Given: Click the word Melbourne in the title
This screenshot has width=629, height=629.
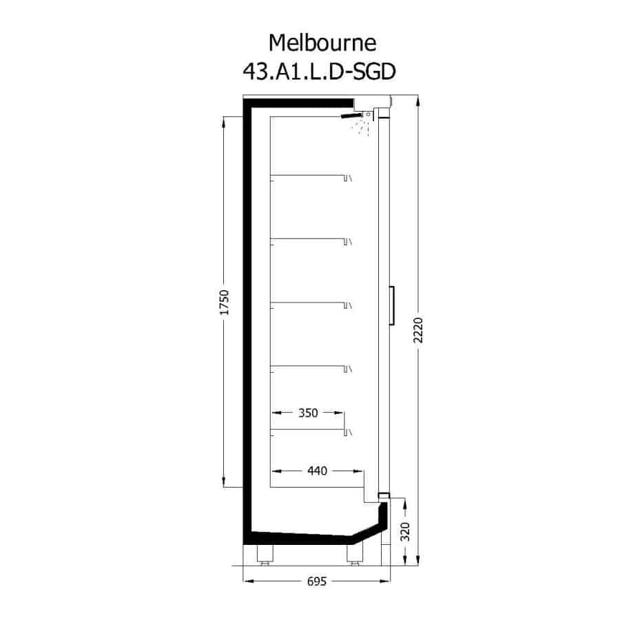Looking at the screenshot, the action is [322, 43].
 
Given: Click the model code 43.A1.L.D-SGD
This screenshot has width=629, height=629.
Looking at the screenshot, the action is [319, 72].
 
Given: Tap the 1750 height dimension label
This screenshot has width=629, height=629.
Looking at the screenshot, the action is [225, 302].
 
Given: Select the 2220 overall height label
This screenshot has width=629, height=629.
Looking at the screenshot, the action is [418, 330].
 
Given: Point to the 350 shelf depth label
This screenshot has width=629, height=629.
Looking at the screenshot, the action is [308, 413].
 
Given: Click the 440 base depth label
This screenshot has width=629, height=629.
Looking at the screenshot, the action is [318, 471].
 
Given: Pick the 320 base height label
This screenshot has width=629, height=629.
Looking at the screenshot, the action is [405, 532].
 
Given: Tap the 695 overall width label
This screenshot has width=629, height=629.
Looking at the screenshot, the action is [317, 581].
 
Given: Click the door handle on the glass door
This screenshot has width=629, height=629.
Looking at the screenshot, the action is [392, 305].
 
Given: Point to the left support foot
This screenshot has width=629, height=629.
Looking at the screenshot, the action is [265, 555].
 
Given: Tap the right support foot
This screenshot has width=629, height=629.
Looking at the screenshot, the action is [355, 555].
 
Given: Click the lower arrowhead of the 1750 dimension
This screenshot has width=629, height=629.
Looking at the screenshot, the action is [224, 482].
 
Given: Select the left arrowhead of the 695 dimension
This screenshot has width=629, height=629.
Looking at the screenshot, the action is [249, 581].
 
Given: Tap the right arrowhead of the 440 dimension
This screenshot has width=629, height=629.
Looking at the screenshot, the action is [358, 471].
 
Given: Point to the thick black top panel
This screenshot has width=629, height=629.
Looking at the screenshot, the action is [298, 103].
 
